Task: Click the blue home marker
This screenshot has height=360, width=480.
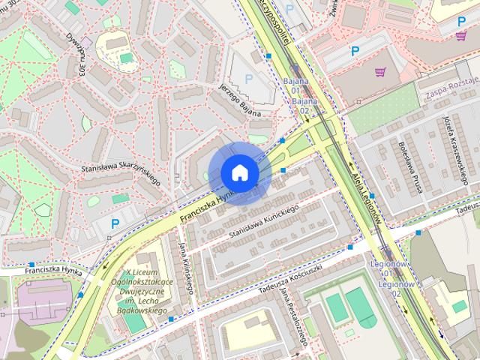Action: coord(239,172)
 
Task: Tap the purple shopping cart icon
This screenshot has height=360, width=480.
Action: coord(380,73)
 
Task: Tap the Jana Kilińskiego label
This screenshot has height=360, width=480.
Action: coord(186,266)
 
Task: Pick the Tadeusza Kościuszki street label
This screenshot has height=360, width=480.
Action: coord(279,280)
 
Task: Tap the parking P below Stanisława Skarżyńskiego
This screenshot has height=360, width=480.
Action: coord(115,223)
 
